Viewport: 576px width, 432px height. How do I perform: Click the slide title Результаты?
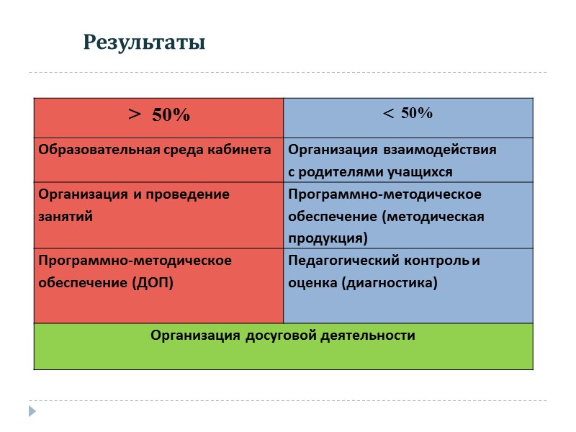(x=144, y=42)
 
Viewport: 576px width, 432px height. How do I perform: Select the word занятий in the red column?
(x=66, y=216)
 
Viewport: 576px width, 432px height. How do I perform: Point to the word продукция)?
(x=328, y=238)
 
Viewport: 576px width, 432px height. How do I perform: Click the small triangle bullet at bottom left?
(x=32, y=411)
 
